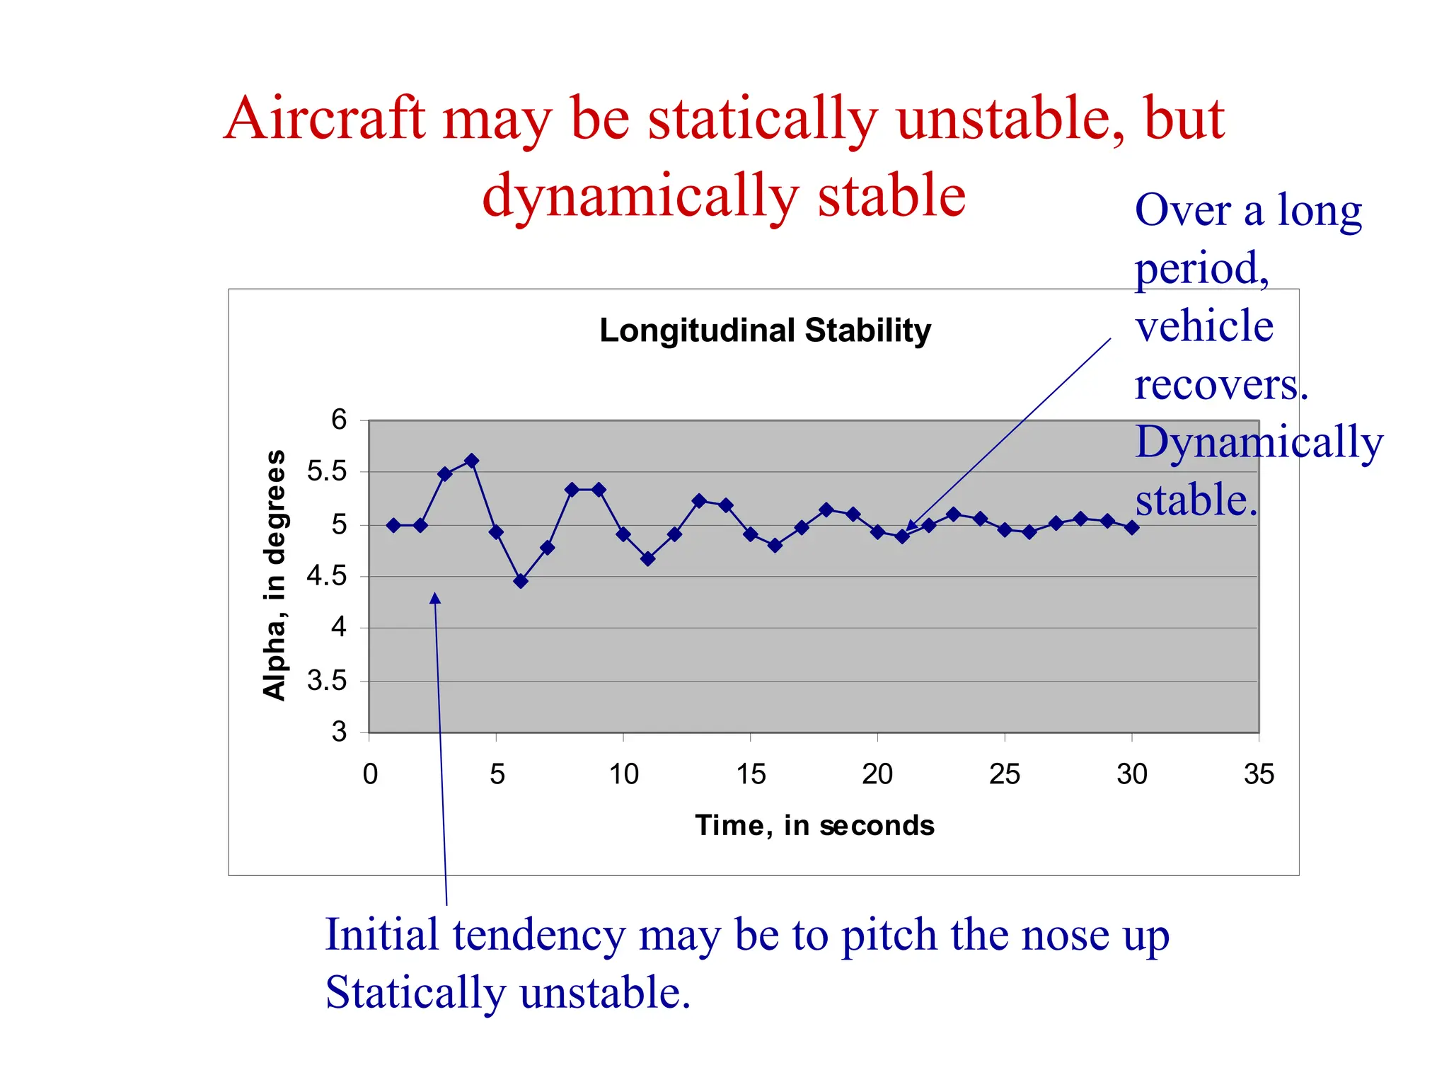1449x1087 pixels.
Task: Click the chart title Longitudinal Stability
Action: click(765, 330)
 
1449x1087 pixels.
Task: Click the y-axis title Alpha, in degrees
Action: click(274, 575)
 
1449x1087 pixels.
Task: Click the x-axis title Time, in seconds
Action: click(814, 825)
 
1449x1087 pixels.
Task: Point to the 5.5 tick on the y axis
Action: click(327, 471)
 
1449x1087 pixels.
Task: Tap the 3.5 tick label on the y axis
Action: click(327, 681)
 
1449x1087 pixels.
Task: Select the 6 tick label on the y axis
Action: click(339, 420)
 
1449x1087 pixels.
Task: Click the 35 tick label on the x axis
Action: click(1259, 774)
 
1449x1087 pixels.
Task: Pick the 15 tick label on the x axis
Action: click(751, 774)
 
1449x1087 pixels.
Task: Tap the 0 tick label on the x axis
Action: click(370, 774)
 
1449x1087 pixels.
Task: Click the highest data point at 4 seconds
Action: click(471, 461)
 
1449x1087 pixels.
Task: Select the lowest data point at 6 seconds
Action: click(521, 581)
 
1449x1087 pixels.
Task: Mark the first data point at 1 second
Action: click(394, 525)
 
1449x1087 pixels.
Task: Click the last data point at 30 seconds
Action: click(1131, 527)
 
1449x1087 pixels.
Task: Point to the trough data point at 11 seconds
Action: click(647, 558)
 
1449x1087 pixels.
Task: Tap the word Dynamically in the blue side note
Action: click(1259, 442)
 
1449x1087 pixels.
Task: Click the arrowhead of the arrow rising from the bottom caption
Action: click(435, 598)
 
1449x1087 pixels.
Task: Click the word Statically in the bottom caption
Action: click(415, 992)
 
